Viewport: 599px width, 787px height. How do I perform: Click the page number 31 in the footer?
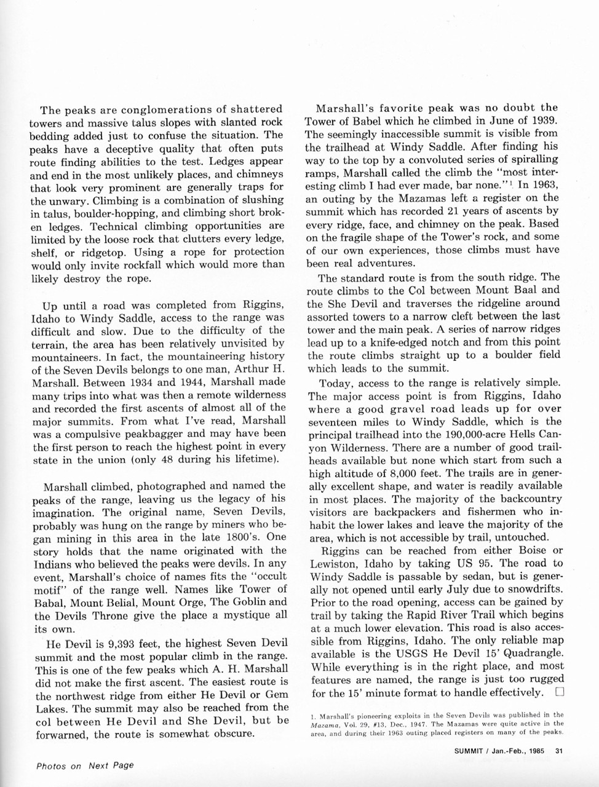[560, 749]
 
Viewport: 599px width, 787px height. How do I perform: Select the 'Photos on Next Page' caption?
[85, 765]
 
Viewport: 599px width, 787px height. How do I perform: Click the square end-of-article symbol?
[559, 692]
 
